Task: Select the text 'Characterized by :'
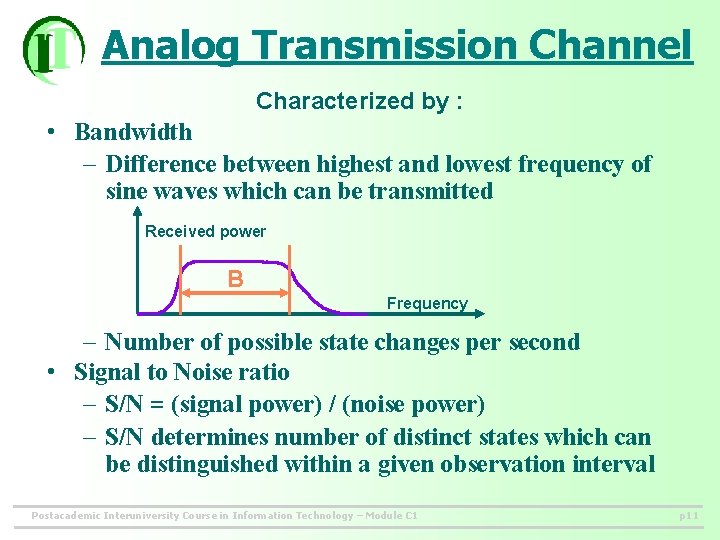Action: pyautogui.click(x=359, y=101)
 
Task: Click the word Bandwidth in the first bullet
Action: pyautogui.click(x=133, y=132)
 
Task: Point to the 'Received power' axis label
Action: pyautogui.click(x=205, y=231)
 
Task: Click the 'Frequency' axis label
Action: pyautogui.click(x=427, y=303)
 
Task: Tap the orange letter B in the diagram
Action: pyautogui.click(x=235, y=278)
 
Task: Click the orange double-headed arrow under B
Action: pyautogui.click(x=235, y=293)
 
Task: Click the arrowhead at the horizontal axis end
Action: pyautogui.click(x=476, y=313)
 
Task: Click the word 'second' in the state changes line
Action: pyautogui.click(x=543, y=342)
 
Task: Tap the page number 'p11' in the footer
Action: pyautogui.click(x=688, y=516)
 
